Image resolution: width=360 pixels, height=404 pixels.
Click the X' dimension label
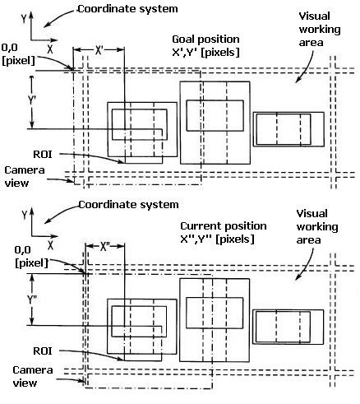coord(99,50)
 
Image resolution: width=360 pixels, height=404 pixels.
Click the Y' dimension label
coord(32,100)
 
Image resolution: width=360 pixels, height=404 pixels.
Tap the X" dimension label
coord(104,247)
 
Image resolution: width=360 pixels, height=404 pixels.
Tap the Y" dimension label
coord(32,300)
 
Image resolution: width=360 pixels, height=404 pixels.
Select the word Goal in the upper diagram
coord(182,39)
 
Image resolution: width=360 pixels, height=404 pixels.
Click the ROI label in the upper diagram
coord(43,155)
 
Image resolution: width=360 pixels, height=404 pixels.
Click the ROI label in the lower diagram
coord(43,351)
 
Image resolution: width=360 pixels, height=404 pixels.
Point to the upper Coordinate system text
coord(127,9)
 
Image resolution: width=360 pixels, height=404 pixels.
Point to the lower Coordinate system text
coord(128,205)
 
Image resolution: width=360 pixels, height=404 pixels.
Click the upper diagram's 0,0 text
coord(10,48)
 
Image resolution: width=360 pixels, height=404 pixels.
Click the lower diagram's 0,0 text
coord(22,250)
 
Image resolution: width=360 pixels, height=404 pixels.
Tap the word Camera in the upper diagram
coord(25,170)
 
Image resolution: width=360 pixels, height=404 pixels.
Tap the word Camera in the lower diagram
coord(33,370)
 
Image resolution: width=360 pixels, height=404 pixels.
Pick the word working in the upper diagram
coord(320,30)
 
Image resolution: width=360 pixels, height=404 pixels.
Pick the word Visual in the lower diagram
coord(312,213)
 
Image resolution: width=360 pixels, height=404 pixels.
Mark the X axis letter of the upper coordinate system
coord(49,49)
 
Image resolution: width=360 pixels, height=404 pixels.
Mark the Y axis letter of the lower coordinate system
coord(25,215)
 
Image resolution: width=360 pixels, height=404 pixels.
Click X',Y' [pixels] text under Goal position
coord(205,52)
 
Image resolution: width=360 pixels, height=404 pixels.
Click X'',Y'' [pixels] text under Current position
coord(218,239)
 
